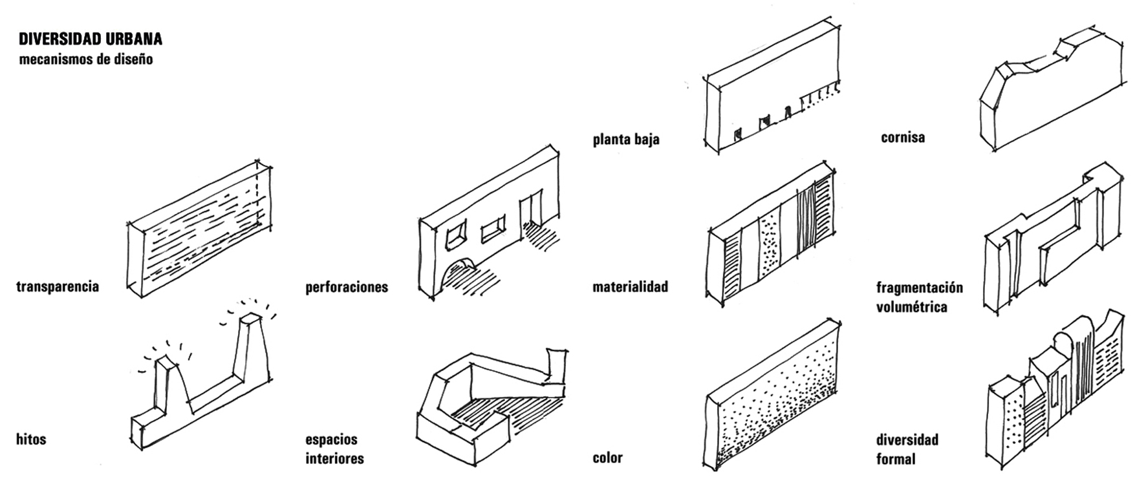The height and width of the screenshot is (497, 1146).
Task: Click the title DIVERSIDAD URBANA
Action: pos(91,39)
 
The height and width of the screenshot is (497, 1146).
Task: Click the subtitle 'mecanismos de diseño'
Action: pos(86,60)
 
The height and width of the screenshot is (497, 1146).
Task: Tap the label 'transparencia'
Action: pos(58,286)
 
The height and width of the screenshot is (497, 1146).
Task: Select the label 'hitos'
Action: pos(31,439)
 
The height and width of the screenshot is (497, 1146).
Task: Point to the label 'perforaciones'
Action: pos(347,287)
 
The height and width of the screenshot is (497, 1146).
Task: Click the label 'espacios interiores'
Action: pos(334,449)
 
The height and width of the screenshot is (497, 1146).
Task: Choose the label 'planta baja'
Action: pos(626,140)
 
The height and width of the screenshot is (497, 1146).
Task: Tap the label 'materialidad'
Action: pos(630,286)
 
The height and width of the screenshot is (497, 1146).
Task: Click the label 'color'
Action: pos(607,458)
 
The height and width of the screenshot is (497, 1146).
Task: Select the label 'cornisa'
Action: pos(903,138)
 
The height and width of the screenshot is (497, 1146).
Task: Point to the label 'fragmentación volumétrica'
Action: pos(920,297)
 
